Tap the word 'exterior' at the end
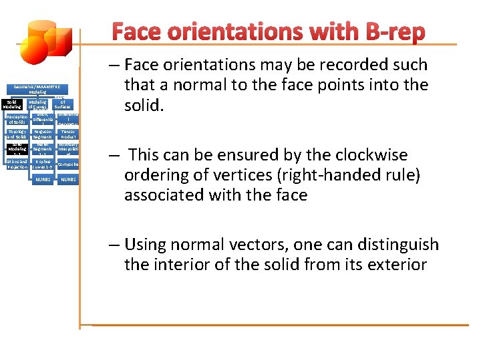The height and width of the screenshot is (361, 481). [393, 265]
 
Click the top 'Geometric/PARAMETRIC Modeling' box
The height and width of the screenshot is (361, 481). [37, 88]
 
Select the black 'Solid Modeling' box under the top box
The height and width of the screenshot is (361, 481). [13, 104]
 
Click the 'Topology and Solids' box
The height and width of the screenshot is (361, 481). [17, 134]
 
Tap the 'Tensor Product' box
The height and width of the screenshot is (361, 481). [68, 134]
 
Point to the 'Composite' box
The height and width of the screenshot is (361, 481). [68, 164]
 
